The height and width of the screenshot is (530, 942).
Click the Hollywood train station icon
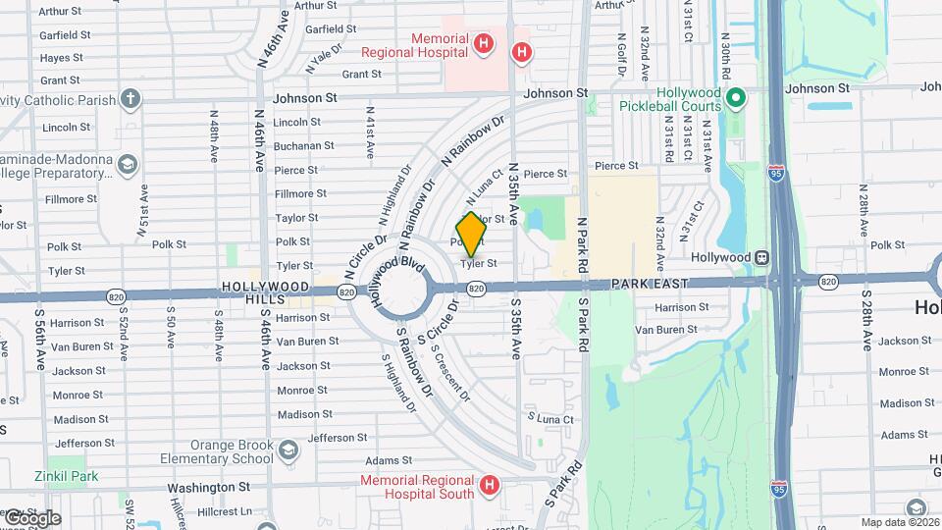[x=760, y=257]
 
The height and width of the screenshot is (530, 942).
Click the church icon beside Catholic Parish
[x=130, y=98]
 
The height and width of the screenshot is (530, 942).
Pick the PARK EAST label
[x=649, y=284]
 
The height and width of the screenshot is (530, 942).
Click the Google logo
[x=32, y=517]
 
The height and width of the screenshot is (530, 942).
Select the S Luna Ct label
[x=549, y=419]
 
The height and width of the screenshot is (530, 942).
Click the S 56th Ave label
[x=40, y=339]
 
